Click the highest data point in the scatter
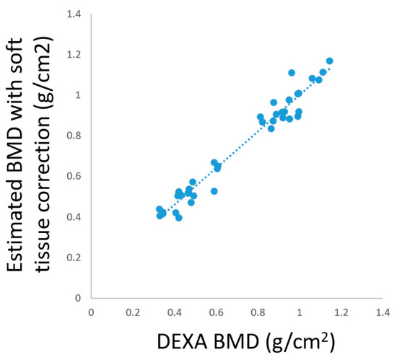point(329,61)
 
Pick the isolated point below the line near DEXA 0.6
point(214,191)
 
